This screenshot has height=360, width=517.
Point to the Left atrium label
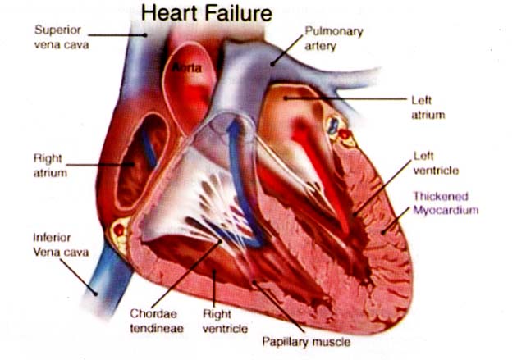[427, 108]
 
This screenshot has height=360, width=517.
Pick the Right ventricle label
[221, 321]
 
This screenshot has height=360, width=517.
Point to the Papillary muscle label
[304, 340]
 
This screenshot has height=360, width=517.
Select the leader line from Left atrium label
[345, 99]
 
